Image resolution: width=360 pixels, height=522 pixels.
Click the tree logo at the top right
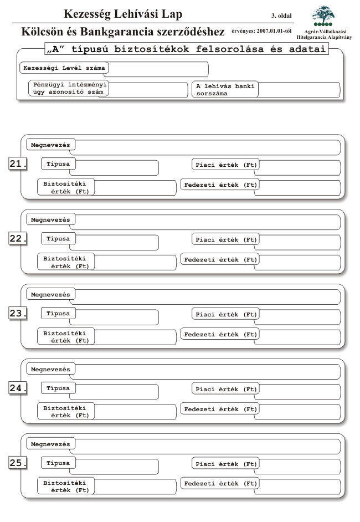[x=323, y=16]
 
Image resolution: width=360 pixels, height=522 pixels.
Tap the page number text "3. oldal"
[x=281, y=16]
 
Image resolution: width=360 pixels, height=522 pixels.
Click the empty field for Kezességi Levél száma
[x=158, y=69]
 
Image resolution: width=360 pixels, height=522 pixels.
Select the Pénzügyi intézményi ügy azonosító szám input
[x=148, y=90]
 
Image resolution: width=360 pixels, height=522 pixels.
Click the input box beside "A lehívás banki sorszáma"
[x=299, y=90]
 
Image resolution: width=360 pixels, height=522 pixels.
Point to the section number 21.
[x=18, y=164]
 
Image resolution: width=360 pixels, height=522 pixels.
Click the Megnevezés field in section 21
[x=207, y=147]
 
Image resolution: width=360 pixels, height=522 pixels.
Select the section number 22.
[x=18, y=239]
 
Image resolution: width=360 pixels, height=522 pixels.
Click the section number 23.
[x=18, y=314]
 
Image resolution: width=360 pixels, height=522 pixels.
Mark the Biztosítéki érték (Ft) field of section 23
[x=135, y=337]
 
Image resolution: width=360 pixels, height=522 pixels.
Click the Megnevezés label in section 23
[x=50, y=295]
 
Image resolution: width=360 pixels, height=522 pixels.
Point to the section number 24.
[x=18, y=388]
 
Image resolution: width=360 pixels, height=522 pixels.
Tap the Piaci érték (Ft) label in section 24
[x=226, y=389]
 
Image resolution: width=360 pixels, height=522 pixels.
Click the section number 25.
[x=18, y=463]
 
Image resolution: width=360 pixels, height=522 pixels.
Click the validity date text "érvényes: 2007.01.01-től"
[x=261, y=31]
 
